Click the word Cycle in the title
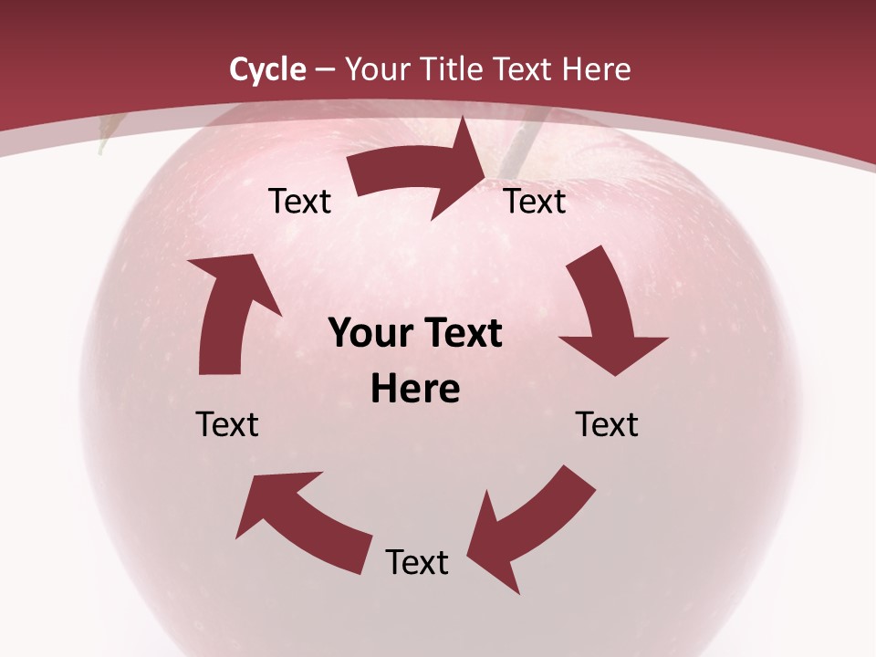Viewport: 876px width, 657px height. click(267, 69)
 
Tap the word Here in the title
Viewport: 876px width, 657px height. click(595, 69)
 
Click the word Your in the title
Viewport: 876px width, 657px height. click(374, 69)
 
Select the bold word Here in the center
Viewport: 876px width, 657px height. click(415, 390)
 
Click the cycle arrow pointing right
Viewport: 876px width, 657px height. click(422, 173)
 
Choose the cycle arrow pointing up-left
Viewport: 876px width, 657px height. click(301, 511)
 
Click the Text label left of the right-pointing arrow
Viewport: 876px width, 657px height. click(299, 202)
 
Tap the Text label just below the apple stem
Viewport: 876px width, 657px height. click(535, 202)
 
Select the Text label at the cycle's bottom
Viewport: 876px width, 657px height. click(417, 563)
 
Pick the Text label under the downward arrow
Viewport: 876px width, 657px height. click(607, 424)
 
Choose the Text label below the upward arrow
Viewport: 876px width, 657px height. click(227, 424)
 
